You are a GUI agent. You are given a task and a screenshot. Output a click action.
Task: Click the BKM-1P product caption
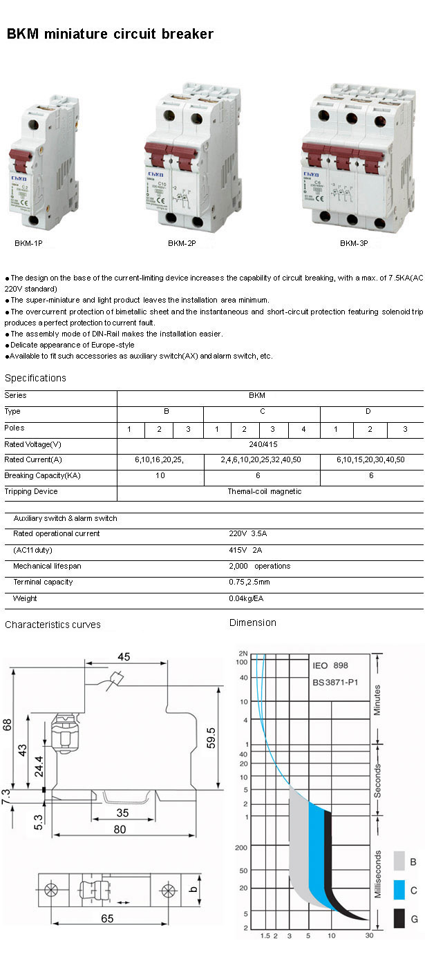pyautogui.click(x=28, y=243)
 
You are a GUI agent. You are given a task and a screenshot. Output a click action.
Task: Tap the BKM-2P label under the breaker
pyautogui.click(x=182, y=243)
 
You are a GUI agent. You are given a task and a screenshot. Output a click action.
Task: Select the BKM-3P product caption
pyautogui.click(x=353, y=243)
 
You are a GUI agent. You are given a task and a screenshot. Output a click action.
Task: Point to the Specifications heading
pyautogui.click(x=35, y=378)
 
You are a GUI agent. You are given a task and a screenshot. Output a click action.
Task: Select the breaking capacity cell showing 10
pyautogui.click(x=160, y=475)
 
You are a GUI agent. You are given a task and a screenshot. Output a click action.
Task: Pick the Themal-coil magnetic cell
pyautogui.click(x=264, y=491)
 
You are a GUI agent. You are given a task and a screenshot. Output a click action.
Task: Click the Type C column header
pyautogui.click(x=262, y=412)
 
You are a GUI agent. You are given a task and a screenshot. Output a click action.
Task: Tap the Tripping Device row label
pyautogui.click(x=31, y=491)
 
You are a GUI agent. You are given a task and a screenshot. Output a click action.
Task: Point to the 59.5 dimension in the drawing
pyautogui.click(x=211, y=738)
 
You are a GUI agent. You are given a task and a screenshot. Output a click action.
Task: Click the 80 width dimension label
pyautogui.click(x=120, y=829)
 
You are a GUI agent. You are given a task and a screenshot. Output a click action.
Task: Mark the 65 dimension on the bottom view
pyautogui.click(x=106, y=918)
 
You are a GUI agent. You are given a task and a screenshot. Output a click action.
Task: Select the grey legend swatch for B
pyautogui.click(x=399, y=860)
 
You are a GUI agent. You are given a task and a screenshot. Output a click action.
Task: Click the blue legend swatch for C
pyautogui.click(x=399, y=890)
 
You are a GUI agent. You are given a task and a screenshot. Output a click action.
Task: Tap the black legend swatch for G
pyautogui.click(x=399, y=918)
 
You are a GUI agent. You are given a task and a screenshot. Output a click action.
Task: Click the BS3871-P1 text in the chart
pyautogui.click(x=335, y=682)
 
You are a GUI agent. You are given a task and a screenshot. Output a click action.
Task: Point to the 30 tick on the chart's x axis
pyautogui.click(x=370, y=935)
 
